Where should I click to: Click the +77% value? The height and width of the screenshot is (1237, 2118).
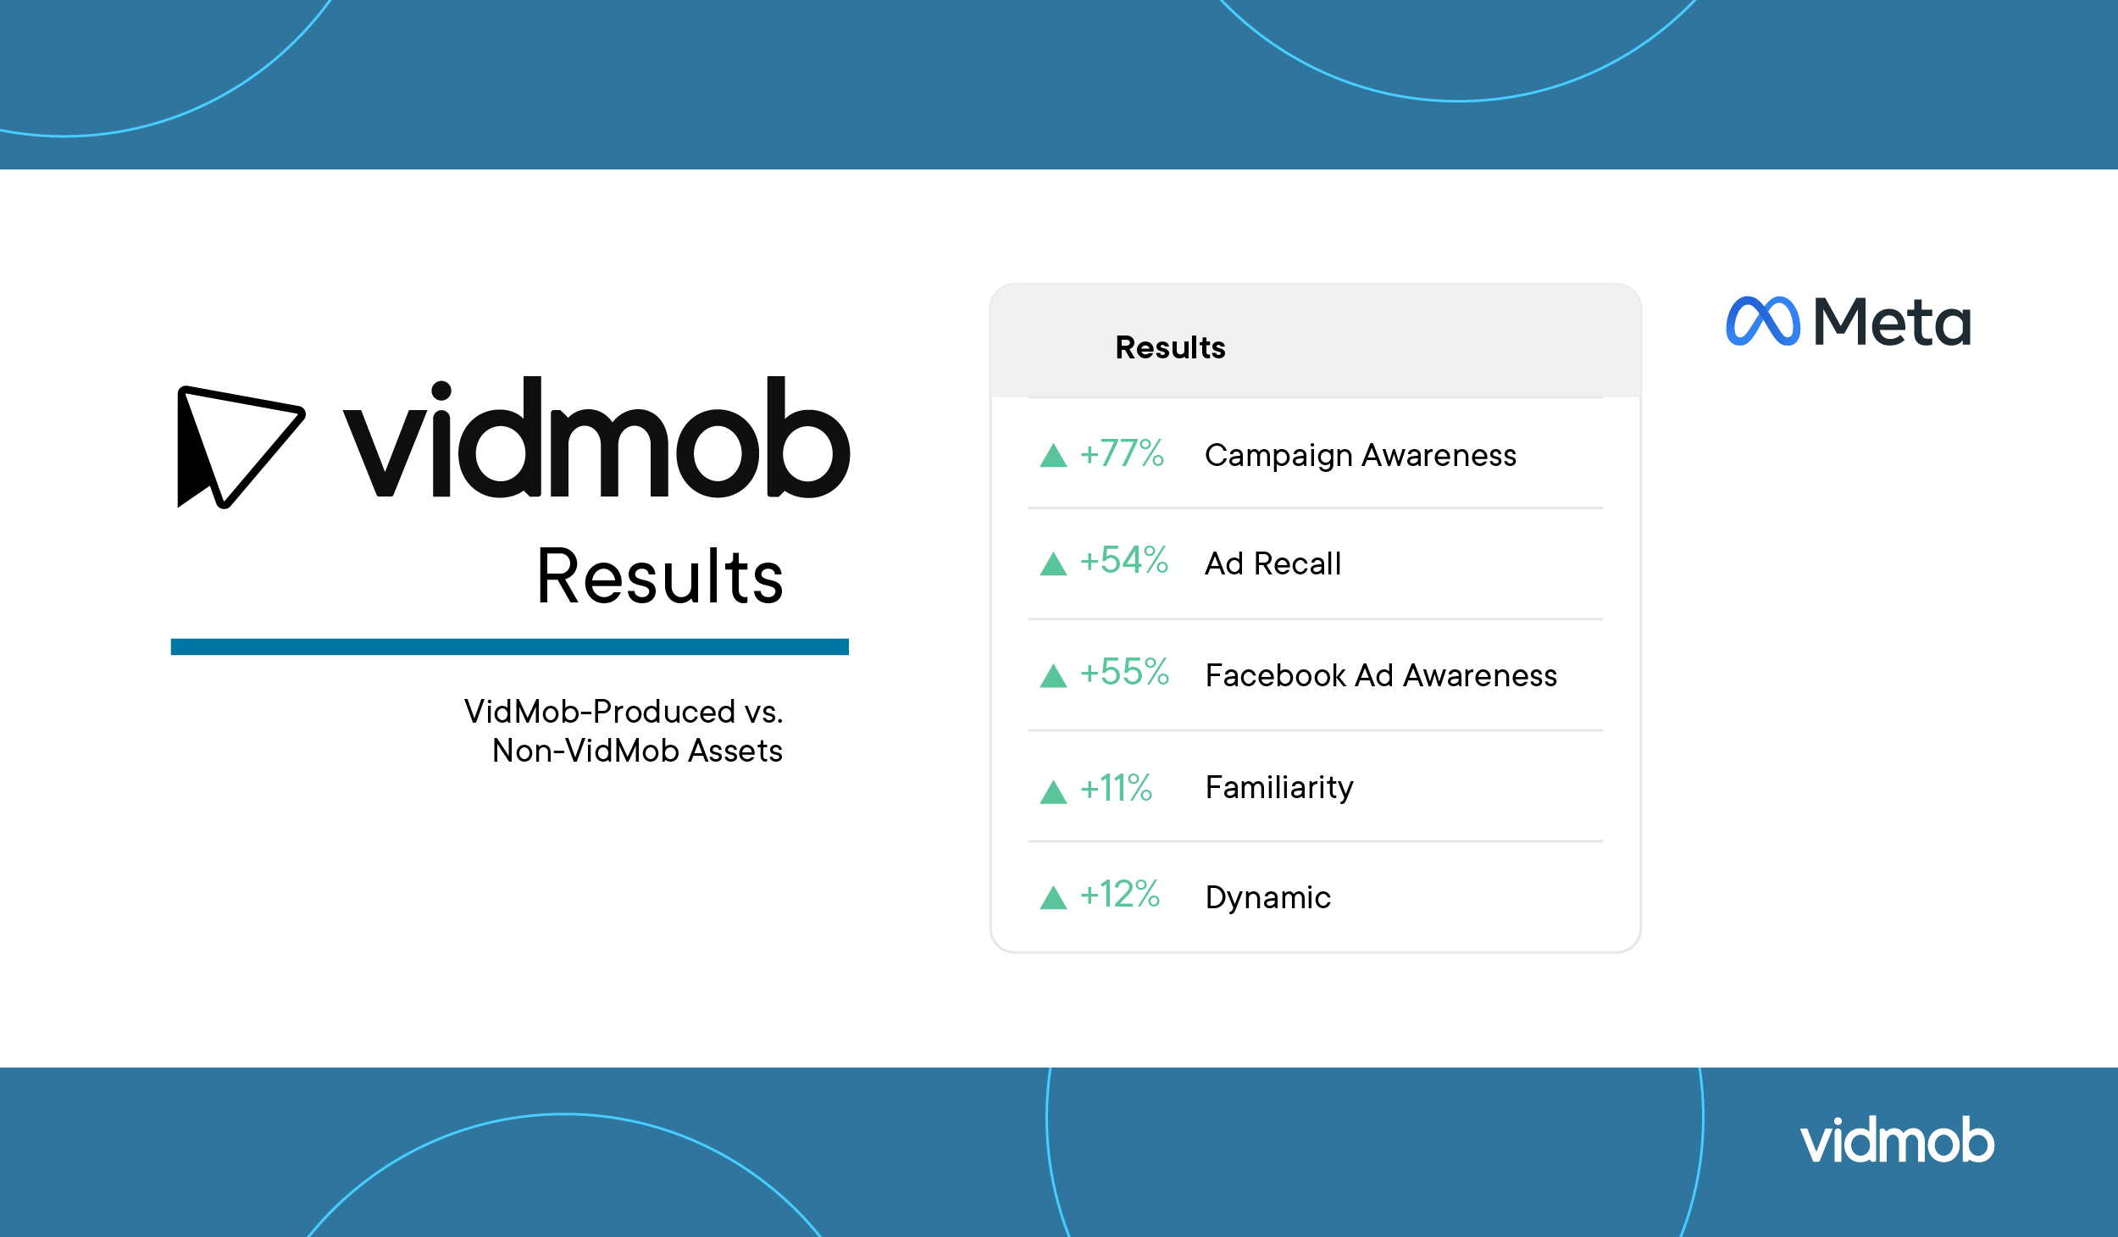(1122, 453)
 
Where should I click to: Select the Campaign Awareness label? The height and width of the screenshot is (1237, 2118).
(1361, 456)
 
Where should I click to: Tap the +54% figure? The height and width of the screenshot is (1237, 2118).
(1124, 560)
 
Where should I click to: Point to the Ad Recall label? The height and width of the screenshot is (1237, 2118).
(1273, 563)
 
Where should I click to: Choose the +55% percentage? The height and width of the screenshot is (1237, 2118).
(1124, 672)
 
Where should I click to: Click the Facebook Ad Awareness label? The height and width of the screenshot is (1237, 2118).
(1381, 675)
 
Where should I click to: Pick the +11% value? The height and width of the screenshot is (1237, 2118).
(1116, 788)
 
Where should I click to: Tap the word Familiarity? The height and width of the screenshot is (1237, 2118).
(1279, 788)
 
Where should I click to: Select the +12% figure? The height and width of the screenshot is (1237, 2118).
(1120, 894)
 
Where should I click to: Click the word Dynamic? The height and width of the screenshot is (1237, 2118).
(1267, 898)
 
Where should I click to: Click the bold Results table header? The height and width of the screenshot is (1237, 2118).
(1170, 347)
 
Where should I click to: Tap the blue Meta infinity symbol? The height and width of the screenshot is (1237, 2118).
(1762, 321)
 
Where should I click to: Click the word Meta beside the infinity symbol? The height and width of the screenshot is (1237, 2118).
(1892, 322)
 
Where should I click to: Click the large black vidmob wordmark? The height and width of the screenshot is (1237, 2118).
(596, 436)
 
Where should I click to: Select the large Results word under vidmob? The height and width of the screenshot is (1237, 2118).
(660, 576)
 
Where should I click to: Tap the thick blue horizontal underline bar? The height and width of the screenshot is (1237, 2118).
(509, 646)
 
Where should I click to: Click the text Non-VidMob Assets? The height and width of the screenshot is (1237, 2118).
(637, 751)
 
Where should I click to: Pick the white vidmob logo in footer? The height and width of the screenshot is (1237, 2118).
(1897, 1140)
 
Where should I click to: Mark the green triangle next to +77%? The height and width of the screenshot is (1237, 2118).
(1053, 456)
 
